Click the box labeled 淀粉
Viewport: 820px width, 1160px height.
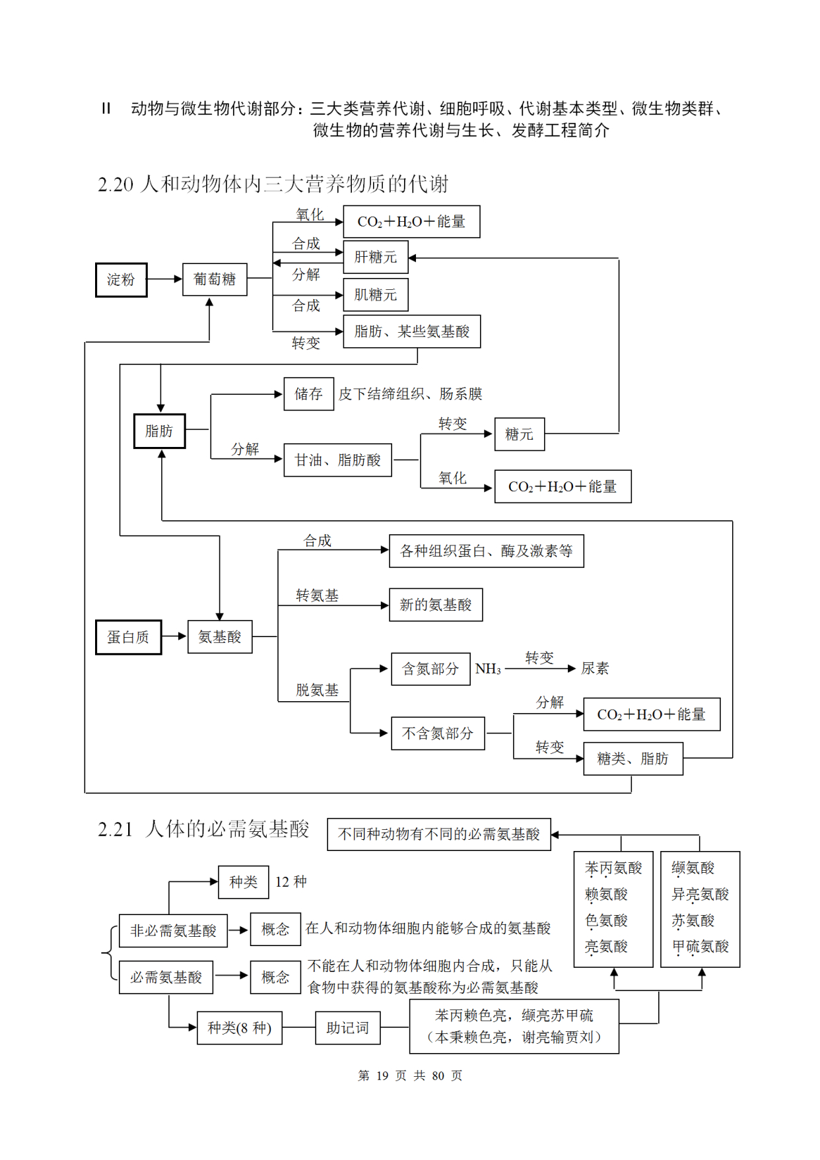[x=121, y=280]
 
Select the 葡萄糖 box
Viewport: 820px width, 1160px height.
[x=215, y=279]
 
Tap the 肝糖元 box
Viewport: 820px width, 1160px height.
[x=375, y=257]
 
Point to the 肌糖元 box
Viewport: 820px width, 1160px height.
[x=375, y=294]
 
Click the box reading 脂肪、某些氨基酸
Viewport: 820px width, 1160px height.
[x=411, y=331]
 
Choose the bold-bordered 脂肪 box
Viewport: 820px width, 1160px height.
[x=159, y=431]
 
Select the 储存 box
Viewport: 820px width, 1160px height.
[x=308, y=394]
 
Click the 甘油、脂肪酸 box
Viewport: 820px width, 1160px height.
[x=337, y=460]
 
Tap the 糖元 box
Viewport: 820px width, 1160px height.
[x=519, y=434]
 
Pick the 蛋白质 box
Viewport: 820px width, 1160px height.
[x=128, y=637]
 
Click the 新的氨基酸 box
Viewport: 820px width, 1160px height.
[x=435, y=605]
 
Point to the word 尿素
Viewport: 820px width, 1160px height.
[x=594, y=669]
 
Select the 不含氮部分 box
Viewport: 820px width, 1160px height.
[x=437, y=734]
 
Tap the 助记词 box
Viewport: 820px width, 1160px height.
[x=347, y=1028]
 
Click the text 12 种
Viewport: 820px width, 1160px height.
[x=290, y=882]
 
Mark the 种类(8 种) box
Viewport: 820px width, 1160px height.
[x=239, y=1028]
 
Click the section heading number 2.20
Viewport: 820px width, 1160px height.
[x=116, y=185]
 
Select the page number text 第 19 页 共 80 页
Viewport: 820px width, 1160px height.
[x=409, y=1076]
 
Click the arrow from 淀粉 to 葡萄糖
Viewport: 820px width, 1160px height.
[x=164, y=279]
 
